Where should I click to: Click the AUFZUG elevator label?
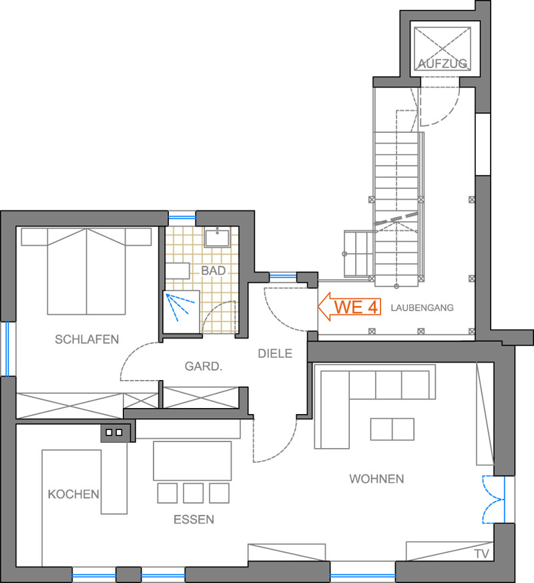tap(443, 63)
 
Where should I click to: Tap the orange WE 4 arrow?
tap(349, 307)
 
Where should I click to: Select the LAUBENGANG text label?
tap(422, 307)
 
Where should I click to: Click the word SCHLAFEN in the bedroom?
tap(87, 339)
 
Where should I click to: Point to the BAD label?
tap(214, 270)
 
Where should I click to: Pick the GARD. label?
tap(204, 366)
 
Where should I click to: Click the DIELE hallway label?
tap(275, 353)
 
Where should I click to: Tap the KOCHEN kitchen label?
tap(73, 494)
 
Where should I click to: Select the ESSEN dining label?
tap(194, 520)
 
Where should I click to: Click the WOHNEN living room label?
tap(376, 479)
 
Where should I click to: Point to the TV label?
tap(482, 554)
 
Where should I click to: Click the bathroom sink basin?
tap(217, 236)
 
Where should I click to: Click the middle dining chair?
tap(193, 493)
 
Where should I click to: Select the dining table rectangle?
tap(192, 461)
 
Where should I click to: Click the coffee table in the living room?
tap(392, 429)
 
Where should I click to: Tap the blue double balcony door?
tap(493, 500)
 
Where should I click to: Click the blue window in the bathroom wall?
tap(182, 216)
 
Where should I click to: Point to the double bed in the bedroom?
tap(86, 271)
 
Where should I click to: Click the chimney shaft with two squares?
tap(115, 433)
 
